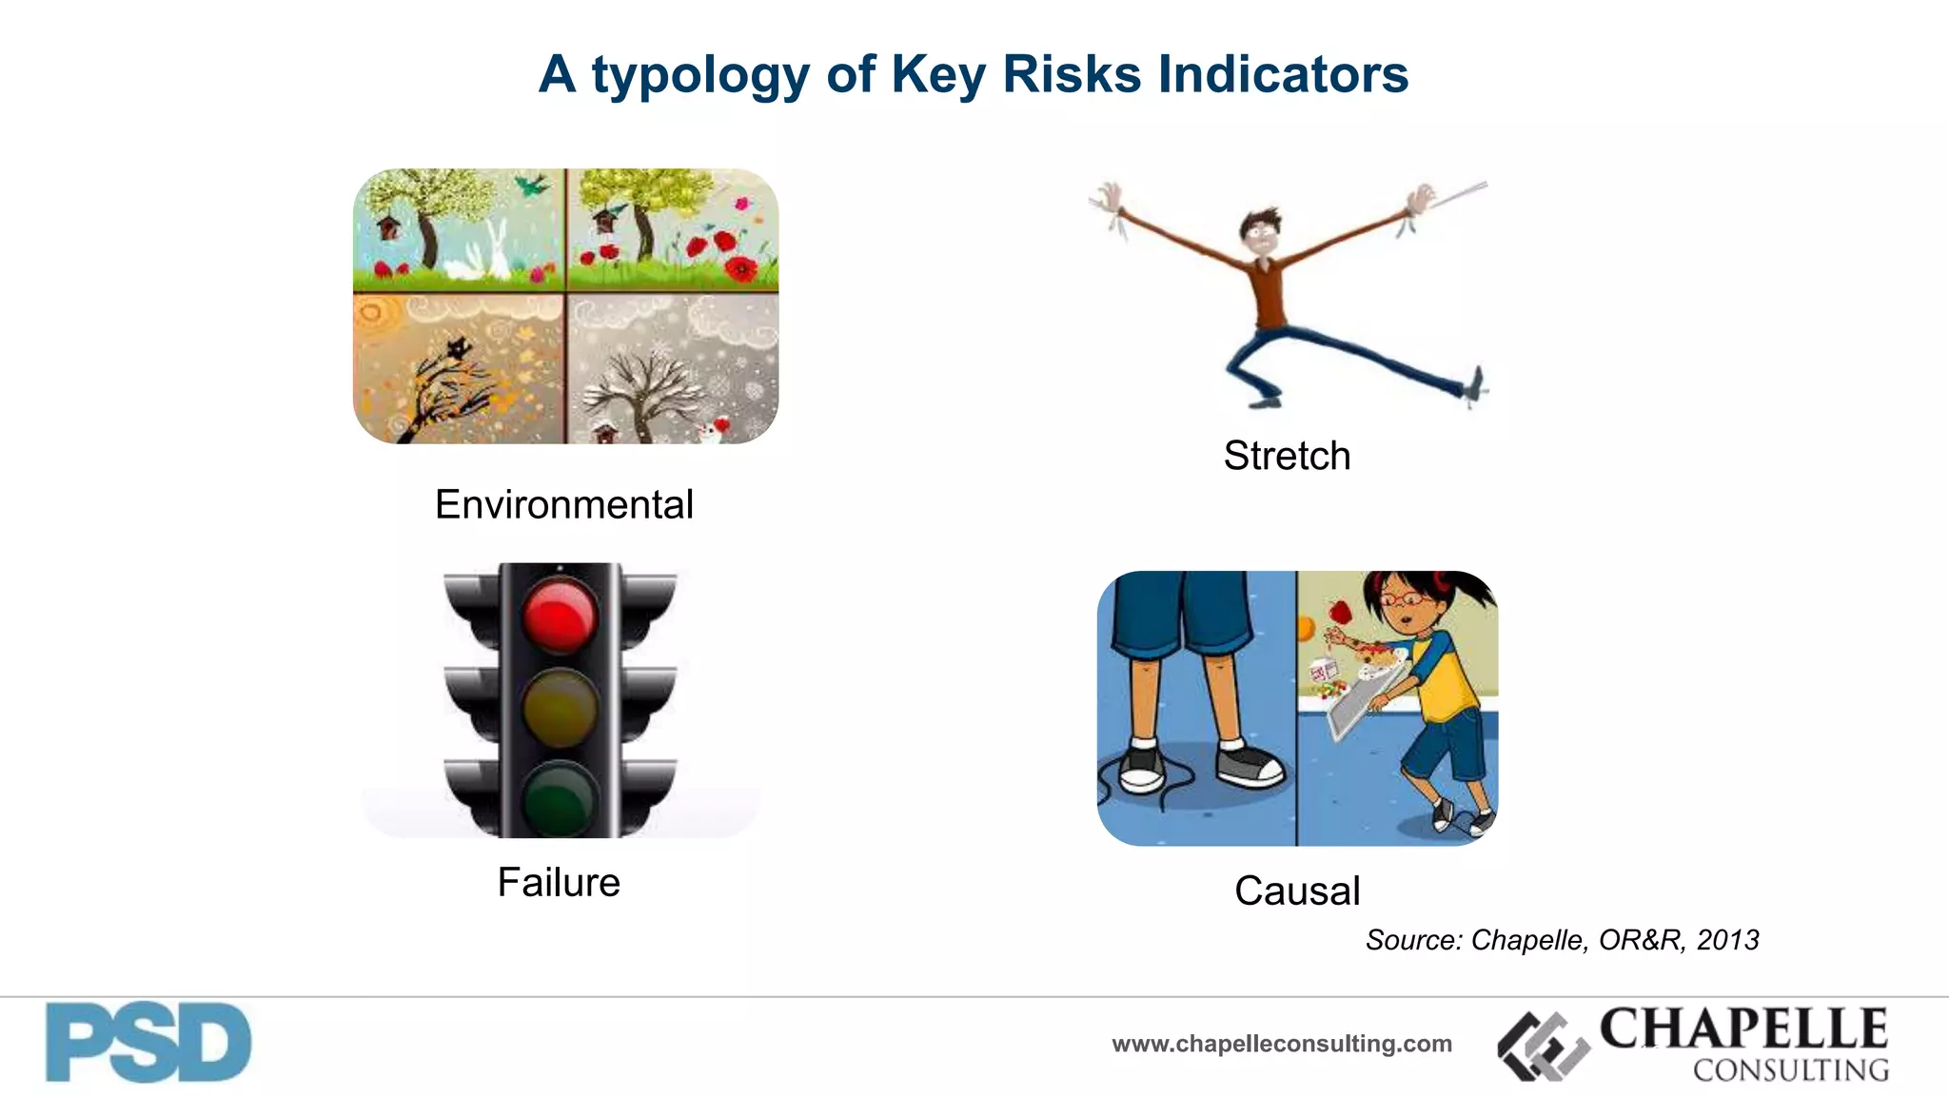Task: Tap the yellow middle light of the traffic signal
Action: [560, 706]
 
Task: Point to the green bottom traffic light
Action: [560, 797]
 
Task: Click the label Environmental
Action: [563, 504]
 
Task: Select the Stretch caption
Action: [1287, 456]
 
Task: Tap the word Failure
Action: [559, 882]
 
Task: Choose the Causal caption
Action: [1297, 890]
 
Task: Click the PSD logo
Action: [148, 1043]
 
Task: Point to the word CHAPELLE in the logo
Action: [1743, 1028]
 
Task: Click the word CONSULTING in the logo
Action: [1790, 1070]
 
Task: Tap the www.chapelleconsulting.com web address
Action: [1282, 1044]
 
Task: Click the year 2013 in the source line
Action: [1727, 940]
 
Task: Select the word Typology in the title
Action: [699, 75]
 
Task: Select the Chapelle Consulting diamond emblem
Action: [1544, 1046]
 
